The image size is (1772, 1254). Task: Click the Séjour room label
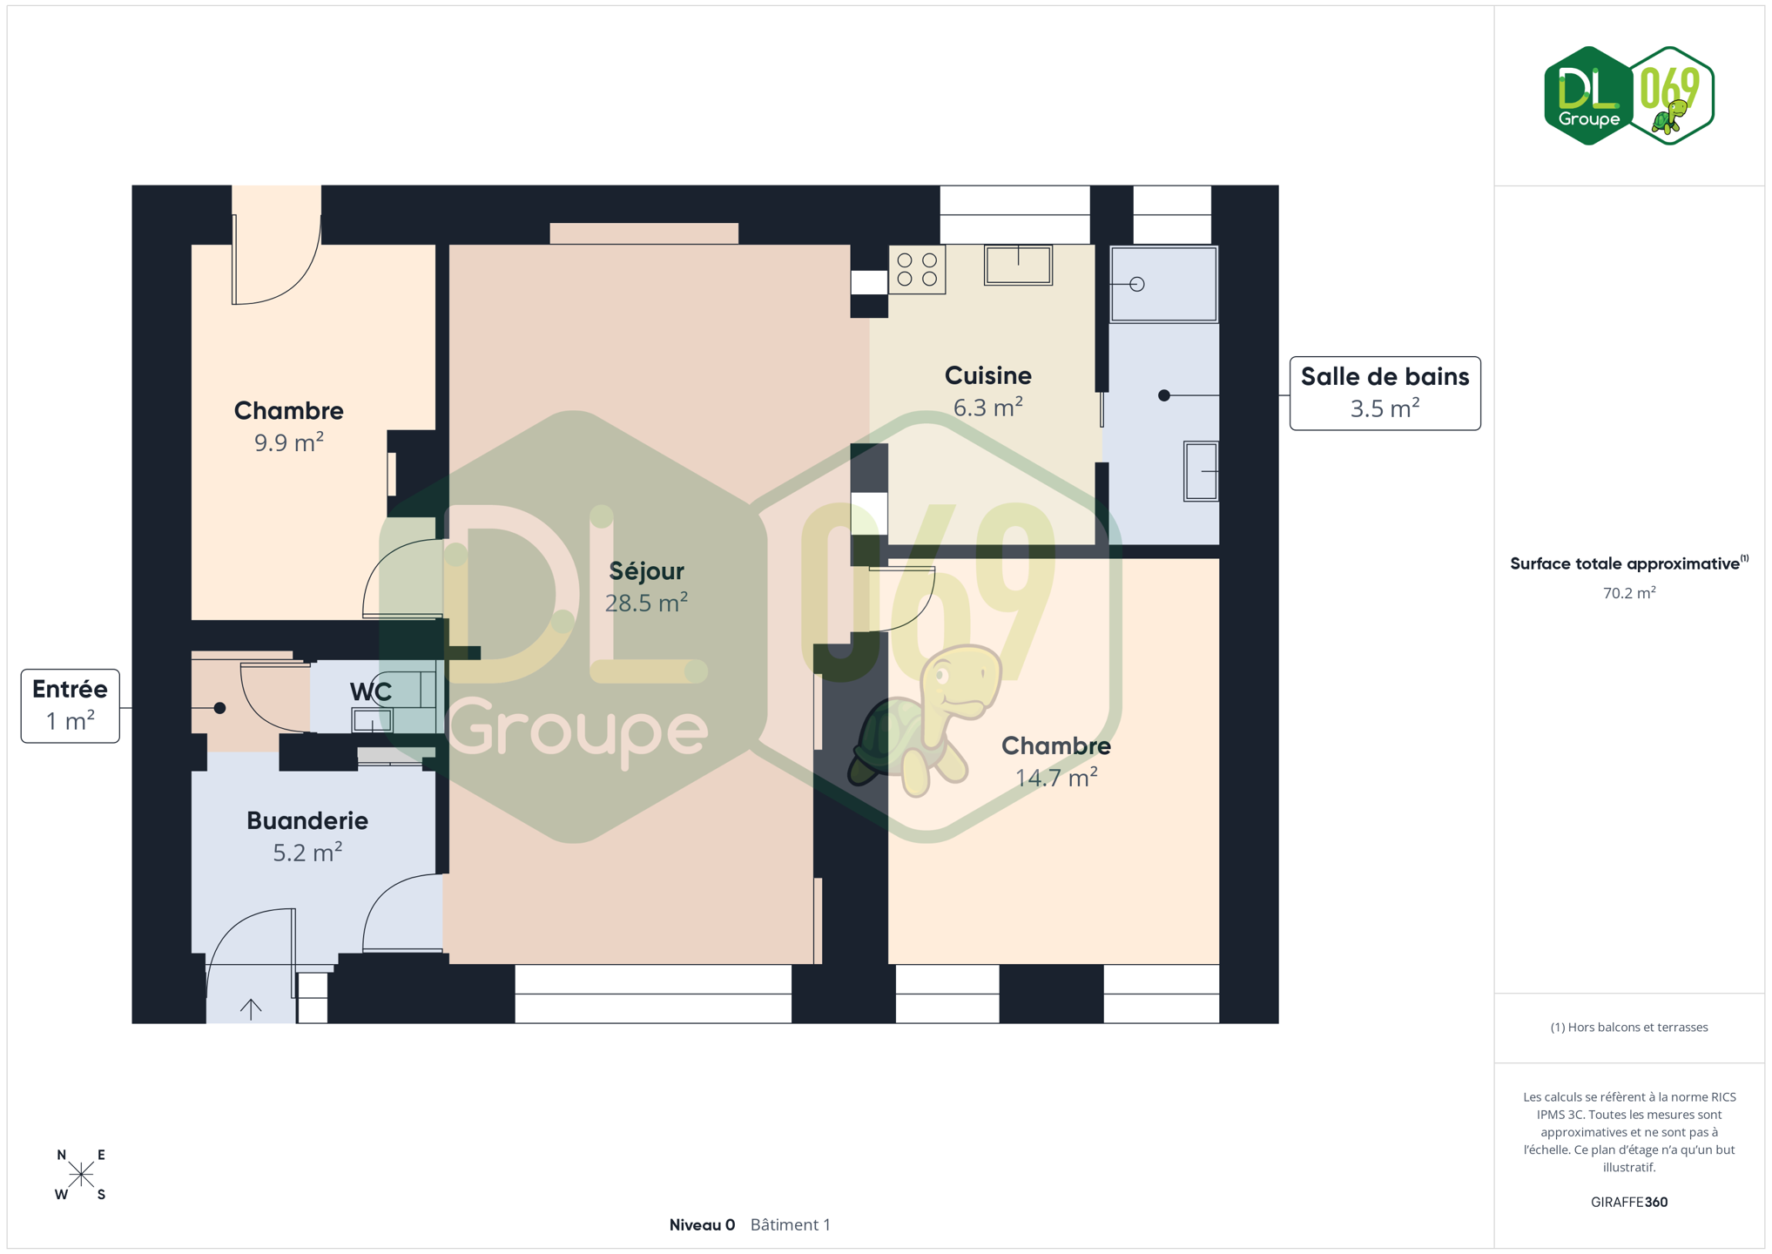646,571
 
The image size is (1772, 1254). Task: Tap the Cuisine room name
987,375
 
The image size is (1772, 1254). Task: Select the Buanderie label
307,820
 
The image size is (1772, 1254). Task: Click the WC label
371,691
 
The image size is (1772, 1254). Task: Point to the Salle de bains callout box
1385,393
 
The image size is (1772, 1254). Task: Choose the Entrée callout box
71,705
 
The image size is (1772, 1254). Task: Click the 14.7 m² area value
1056,777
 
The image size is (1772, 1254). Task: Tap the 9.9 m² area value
289,442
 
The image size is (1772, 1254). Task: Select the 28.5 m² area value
646,603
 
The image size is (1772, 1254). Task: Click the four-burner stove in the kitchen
917,270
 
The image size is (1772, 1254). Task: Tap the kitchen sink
1018,265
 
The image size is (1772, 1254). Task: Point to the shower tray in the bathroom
1163,284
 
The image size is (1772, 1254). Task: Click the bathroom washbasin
1201,471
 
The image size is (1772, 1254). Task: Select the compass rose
81,1175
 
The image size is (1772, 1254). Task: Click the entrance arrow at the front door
251,1009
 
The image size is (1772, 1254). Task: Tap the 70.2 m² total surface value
1629,592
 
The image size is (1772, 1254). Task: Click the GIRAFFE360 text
1629,1202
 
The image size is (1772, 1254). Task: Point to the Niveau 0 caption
702,1224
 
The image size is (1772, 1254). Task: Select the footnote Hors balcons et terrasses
1629,1028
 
